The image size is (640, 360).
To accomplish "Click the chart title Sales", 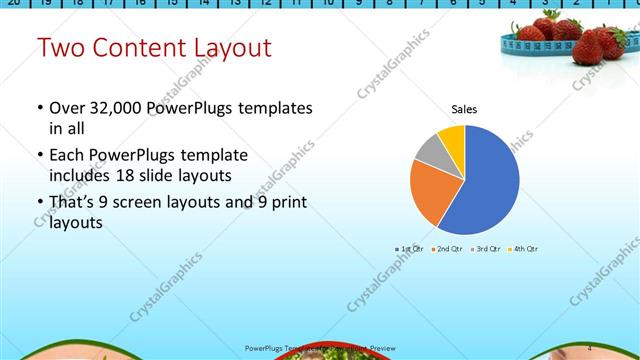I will (464, 109).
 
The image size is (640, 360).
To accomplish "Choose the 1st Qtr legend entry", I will (410, 248).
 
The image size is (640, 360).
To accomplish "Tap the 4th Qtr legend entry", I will (524, 248).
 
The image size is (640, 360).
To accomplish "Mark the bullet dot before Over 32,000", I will (39, 108).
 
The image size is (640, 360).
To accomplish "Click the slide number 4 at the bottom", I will (589, 347).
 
